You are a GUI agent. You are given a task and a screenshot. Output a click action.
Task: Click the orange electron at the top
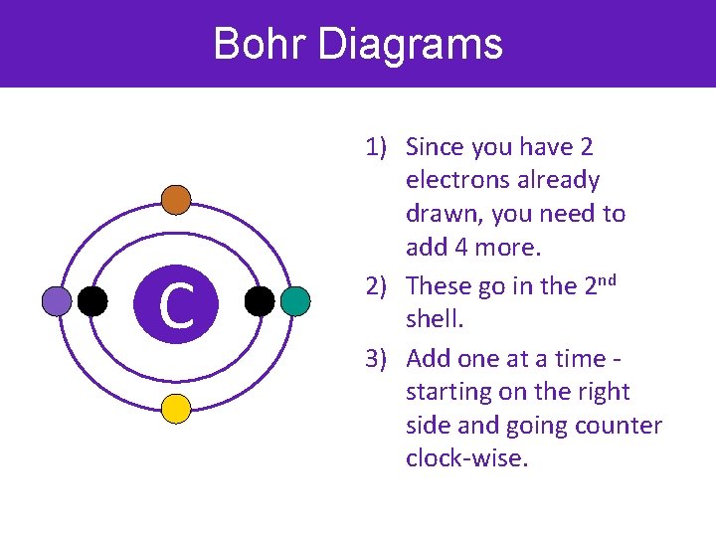coord(176,200)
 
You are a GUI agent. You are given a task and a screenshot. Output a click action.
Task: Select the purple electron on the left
coord(57,301)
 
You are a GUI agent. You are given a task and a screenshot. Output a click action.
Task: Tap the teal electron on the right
coord(295,301)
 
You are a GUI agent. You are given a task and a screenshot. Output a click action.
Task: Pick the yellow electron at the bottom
coord(176,409)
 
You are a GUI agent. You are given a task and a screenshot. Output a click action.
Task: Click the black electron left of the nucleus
coord(92,301)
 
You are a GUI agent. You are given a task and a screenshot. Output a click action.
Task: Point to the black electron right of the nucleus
coord(259,301)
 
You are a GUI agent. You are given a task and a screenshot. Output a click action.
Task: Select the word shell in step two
coord(434,320)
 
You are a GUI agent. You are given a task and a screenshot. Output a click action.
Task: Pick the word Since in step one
coord(436,148)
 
